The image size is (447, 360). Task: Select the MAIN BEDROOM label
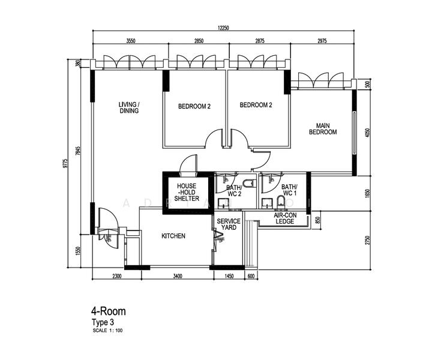pyautogui.click(x=323, y=129)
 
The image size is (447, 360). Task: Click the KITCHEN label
pyautogui.click(x=173, y=236)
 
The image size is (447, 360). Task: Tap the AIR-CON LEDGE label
pyautogui.click(x=284, y=218)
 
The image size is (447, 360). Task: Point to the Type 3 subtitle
pyautogui.click(x=102, y=322)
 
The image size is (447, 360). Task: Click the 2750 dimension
pyautogui.click(x=368, y=239)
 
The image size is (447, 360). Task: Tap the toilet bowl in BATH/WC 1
pyautogui.click(x=280, y=200)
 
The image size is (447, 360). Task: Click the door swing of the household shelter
pyautogui.click(x=188, y=163)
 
